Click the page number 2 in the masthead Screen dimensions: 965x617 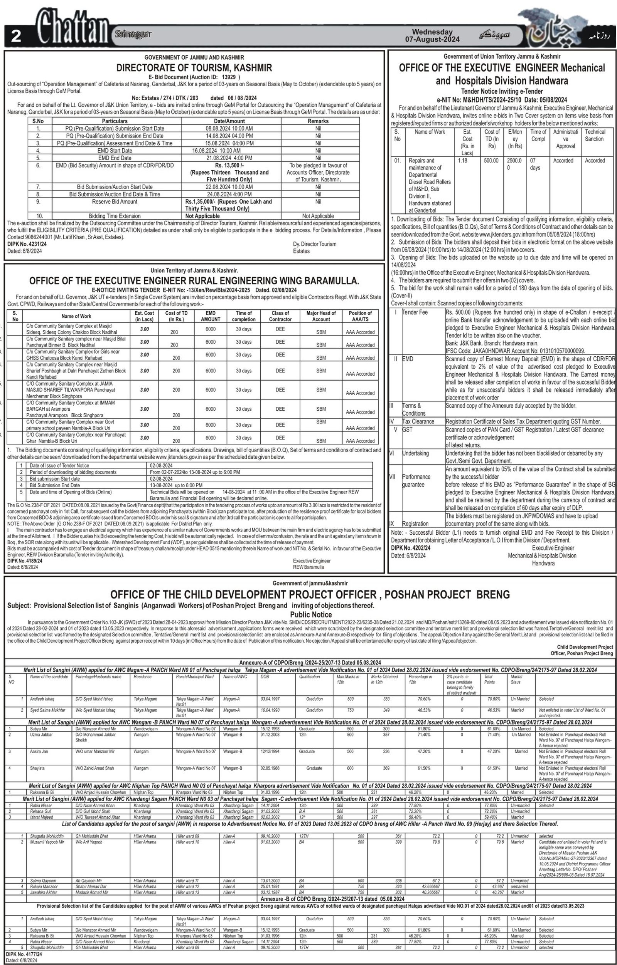click(x=16, y=36)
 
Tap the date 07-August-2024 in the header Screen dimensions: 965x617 click(x=432, y=39)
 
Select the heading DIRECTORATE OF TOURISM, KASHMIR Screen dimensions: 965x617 click(x=194, y=68)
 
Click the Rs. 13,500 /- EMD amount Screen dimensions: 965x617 click(x=229, y=166)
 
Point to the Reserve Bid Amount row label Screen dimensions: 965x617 click(x=115, y=201)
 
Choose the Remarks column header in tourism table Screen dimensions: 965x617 click(x=318, y=121)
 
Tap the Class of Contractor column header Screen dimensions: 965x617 click(x=280, y=316)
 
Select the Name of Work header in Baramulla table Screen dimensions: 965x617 click(x=76, y=316)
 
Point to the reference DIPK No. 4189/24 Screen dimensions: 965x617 click(x=24, y=561)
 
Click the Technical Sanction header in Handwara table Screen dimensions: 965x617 click(x=595, y=135)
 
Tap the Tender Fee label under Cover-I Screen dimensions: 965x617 click(x=415, y=312)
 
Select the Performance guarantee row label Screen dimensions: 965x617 click(x=416, y=480)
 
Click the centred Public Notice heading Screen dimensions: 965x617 click(x=311, y=614)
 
